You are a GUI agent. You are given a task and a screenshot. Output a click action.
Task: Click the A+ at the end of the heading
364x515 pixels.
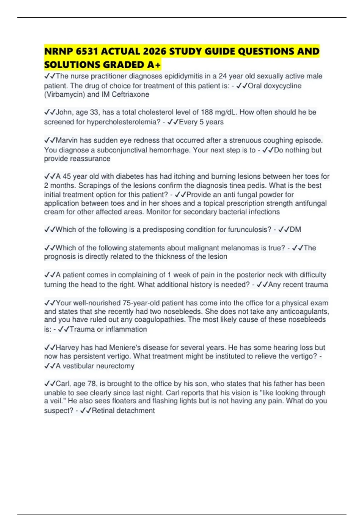pos(154,65)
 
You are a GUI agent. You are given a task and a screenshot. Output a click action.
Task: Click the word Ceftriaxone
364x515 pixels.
pos(130,95)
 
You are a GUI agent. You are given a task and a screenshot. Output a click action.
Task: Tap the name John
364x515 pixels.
pos(64,112)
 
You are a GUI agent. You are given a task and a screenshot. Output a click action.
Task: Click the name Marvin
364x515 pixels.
pos(67,141)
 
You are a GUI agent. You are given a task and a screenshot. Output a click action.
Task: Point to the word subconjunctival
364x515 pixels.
pos(121,150)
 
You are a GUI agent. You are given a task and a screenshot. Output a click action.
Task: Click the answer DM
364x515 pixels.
pos(295,230)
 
